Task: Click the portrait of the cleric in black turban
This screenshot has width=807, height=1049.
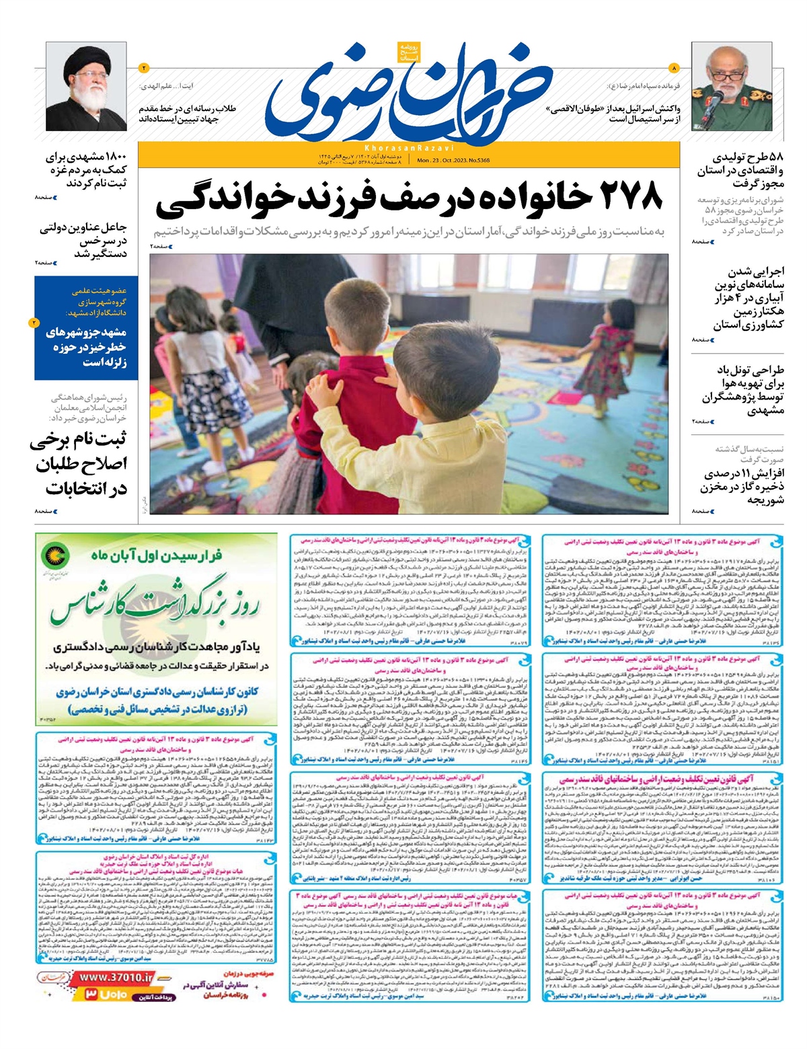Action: (x=85, y=87)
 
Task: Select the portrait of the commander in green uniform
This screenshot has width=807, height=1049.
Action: (x=724, y=88)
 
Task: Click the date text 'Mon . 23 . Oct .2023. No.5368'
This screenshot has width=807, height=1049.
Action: (x=453, y=161)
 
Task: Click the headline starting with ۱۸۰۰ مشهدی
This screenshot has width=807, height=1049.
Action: (x=85, y=170)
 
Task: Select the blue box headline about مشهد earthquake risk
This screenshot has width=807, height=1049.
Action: (x=85, y=347)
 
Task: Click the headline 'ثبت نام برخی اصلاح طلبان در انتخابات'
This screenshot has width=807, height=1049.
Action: (x=79, y=464)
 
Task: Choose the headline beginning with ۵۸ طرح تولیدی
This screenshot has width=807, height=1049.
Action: (x=740, y=169)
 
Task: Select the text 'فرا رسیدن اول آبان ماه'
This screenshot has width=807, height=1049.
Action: (x=156, y=555)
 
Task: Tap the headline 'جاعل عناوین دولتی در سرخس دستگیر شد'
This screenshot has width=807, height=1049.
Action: (x=83, y=240)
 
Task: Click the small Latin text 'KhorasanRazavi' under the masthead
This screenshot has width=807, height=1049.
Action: (x=409, y=147)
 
